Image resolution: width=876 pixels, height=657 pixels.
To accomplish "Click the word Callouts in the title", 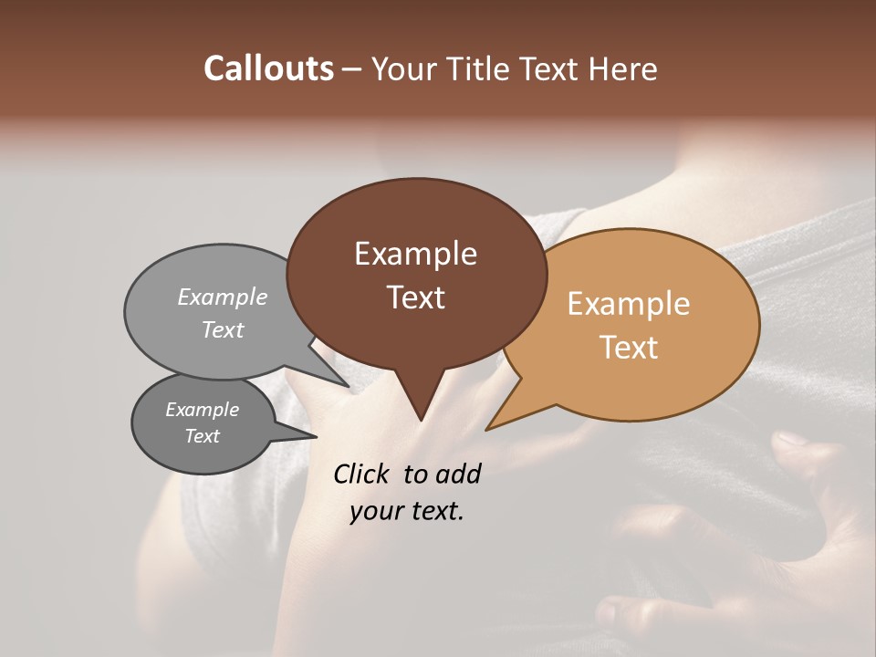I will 268,68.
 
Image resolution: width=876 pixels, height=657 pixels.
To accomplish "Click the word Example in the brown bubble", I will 415,254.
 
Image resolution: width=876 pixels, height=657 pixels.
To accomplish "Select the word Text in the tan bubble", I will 629,348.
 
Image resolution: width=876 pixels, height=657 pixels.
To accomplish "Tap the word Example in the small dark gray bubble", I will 202,411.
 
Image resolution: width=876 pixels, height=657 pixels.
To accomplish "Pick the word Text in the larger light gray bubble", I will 223,330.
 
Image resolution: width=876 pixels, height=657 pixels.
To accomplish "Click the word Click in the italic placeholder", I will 361,474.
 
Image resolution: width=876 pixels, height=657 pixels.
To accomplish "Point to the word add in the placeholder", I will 458,474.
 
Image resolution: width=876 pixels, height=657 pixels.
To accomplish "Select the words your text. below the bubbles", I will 407,511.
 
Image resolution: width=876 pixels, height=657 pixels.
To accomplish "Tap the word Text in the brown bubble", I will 415,297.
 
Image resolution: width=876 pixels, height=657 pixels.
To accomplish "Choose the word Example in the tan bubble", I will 629,304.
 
